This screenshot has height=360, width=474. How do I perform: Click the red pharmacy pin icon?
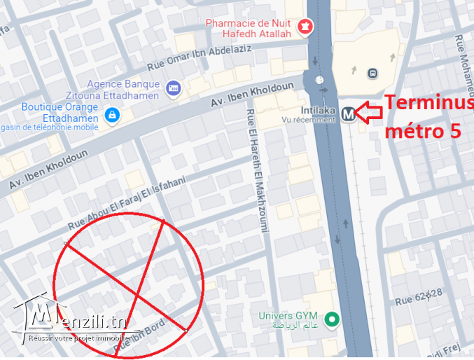(x=305, y=27)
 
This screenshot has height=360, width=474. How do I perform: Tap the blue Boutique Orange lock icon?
(x=111, y=113)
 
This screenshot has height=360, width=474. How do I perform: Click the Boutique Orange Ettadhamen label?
(x=60, y=112)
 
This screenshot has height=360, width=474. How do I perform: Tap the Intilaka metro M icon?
(x=349, y=111)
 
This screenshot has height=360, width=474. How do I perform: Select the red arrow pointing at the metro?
(x=369, y=110)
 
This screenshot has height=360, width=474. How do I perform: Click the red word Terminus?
(x=429, y=103)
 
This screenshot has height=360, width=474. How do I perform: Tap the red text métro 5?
(x=424, y=130)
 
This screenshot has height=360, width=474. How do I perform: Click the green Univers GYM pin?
(x=334, y=321)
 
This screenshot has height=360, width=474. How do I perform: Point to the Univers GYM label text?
(x=293, y=320)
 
